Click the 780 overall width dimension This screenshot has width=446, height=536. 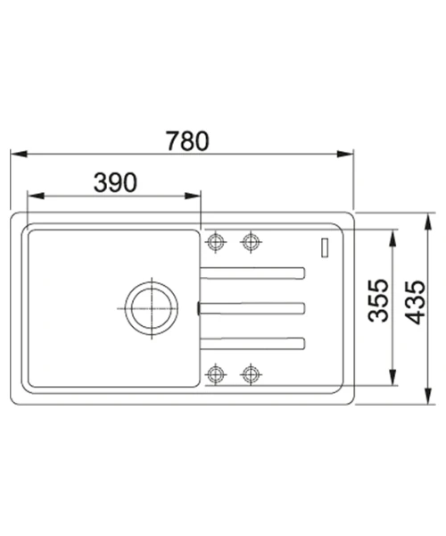click(x=187, y=141)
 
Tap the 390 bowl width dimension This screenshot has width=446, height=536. click(x=115, y=182)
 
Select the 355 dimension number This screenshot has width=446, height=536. click(x=378, y=300)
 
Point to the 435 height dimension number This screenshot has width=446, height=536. click(x=416, y=302)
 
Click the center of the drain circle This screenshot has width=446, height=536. click(x=152, y=308)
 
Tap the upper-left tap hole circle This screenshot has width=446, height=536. click(x=216, y=242)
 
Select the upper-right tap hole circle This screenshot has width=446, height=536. click(x=251, y=242)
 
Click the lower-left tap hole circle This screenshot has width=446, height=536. click(x=216, y=374)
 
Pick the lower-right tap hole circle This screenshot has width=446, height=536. click(x=251, y=374)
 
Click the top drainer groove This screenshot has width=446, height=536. click(x=252, y=273)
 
